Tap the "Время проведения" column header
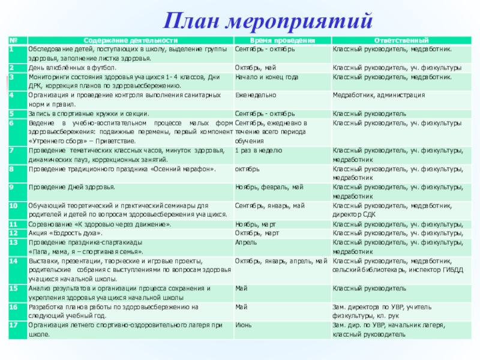[281, 39]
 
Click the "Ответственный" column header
[400, 39]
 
